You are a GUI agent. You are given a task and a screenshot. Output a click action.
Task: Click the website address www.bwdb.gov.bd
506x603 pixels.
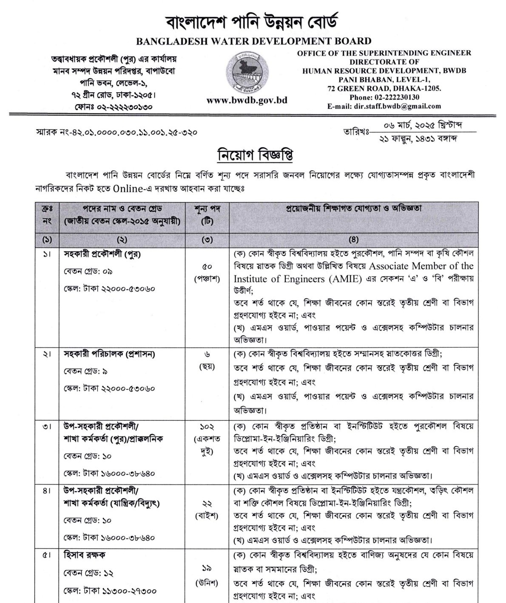tap(247, 100)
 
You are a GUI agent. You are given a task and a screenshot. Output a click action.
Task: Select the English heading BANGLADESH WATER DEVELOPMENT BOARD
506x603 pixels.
tap(253, 41)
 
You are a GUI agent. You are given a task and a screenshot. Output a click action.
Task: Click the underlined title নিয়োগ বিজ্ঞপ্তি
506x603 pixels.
tap(253, 155)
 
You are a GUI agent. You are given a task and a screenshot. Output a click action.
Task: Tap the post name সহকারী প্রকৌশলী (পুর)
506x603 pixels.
tap(102, 255)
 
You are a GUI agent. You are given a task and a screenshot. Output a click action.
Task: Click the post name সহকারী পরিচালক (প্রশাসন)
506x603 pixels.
tap(109, 354)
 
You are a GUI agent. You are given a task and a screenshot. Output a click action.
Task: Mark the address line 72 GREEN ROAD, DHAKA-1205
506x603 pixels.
tap(384, 88)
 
